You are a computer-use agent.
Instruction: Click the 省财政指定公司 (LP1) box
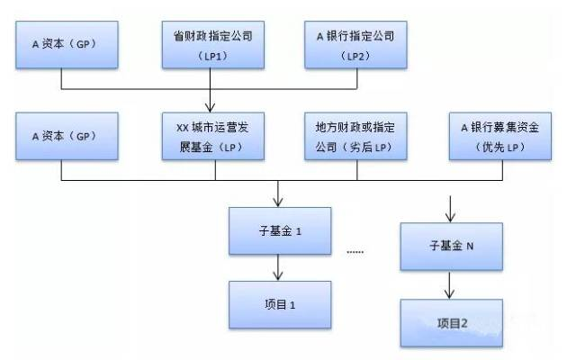coord(213,45)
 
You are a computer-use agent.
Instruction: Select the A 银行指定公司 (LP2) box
coord(355,45)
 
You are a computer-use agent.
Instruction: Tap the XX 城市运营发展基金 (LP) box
coord(213,136)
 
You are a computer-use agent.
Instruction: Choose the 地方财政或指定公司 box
coord(355,136)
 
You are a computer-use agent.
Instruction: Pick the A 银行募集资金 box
coord(500,136)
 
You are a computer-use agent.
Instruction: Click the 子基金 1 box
coord(280,231)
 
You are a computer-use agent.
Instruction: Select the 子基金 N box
coord(452,247)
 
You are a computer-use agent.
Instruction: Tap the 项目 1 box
coord(280,305)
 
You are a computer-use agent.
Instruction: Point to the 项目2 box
coord(452,323)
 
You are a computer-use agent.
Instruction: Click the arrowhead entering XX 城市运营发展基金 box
coord(210,108)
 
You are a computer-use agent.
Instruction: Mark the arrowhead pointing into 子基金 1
coord(278,202)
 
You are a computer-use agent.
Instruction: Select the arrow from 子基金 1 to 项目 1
coord(278,268)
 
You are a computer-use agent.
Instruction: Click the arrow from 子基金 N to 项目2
coord(449,285)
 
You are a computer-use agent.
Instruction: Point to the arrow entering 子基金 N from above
coord(450,210)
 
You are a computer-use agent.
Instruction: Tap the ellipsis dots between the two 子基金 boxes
coord(355,252)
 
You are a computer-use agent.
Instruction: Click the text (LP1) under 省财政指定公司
coord(213,56)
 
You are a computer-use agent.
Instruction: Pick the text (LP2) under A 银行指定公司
coord(355,56)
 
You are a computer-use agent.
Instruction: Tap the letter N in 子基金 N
coord(470,246)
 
